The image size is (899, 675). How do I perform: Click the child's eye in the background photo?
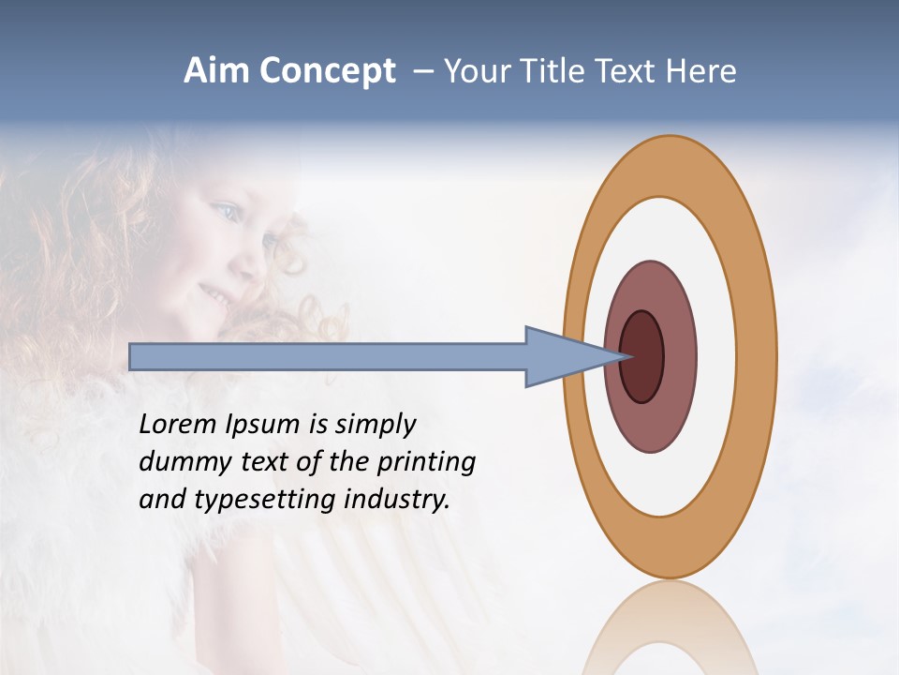(x=226, y=210)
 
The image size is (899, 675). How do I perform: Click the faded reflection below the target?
(x=669, y=628)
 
